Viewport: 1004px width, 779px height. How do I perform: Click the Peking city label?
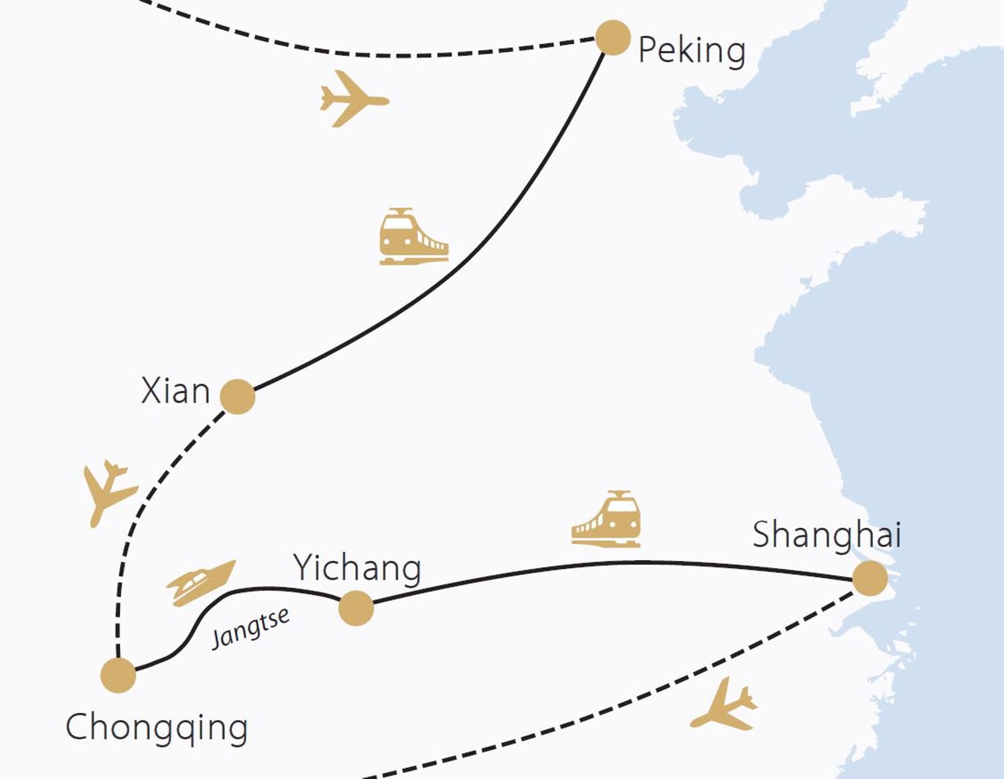tap(692, 51)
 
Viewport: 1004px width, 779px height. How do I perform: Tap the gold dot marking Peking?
tap(613, 38)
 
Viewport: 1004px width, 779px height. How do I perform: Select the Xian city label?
tap(176, 391)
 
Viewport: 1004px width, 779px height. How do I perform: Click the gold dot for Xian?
tap(238, 397)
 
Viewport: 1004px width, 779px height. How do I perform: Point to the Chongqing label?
tap(157, 728)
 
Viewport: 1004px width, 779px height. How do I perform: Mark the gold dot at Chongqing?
tap(118, 675)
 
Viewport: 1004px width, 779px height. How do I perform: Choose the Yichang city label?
tap(358, 569)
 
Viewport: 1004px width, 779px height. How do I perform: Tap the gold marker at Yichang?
tap(356, 608)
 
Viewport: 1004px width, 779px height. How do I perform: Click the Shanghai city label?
tap(827, 535)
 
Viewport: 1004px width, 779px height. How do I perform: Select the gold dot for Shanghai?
tap(870, 579)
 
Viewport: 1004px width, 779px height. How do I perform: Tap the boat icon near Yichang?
tap(201, 583)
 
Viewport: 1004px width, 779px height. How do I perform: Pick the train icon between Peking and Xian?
tap(414, 236)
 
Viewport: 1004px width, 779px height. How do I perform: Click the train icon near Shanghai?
tap(606, 519)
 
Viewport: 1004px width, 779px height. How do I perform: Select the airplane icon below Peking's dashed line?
tap(355, 98)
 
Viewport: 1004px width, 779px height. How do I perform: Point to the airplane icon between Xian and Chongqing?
tap(110, 493)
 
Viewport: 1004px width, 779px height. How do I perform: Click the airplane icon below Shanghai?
tap(724, 704)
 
